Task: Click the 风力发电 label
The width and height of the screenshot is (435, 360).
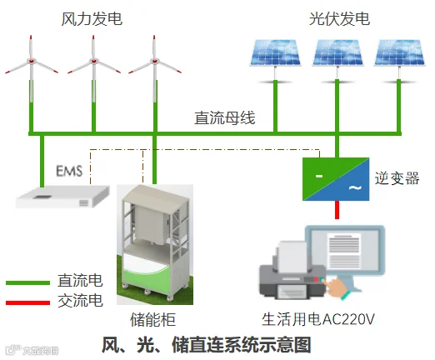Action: (92, 19)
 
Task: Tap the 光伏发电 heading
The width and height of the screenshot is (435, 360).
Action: (339, 19)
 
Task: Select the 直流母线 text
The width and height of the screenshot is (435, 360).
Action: (224, 117)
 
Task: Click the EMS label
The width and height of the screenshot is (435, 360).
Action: (69, 171)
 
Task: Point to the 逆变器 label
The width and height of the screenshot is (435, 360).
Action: (397, 178)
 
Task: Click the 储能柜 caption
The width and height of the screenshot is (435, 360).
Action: (152, 319)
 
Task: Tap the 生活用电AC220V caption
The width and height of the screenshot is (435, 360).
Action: (318, 319)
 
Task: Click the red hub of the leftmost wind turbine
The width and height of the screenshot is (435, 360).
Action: (32, 61)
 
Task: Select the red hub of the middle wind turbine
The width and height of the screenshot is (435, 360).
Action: (93, 61)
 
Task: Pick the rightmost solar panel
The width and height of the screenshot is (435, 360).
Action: (399, 52)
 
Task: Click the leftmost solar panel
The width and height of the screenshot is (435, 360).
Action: (275, 52)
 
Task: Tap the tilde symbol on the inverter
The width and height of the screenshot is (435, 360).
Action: (355, 188)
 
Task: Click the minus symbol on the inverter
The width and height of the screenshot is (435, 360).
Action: (319, 176)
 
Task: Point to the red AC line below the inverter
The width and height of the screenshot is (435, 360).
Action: (337, 210)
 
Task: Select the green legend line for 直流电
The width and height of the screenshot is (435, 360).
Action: (27, 283)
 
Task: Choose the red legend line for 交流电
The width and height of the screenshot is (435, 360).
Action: (27, 302)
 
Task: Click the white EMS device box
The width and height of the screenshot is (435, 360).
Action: (62, 197)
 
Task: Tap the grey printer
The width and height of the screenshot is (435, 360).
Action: (292, 277)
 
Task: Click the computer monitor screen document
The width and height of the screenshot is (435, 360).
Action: (344, 250)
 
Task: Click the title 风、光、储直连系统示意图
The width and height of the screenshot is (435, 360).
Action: (206, 345)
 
